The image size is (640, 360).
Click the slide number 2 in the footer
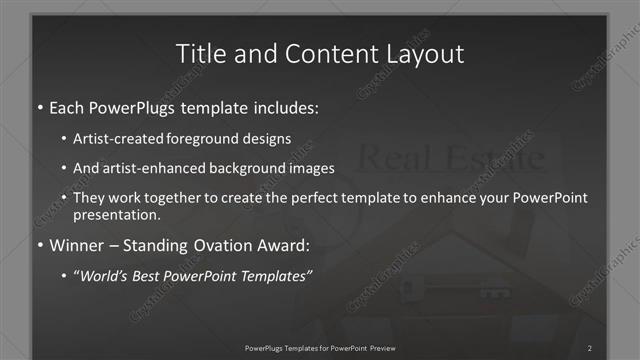tap(589, 347)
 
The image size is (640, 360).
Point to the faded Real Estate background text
tap(450, 158)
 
